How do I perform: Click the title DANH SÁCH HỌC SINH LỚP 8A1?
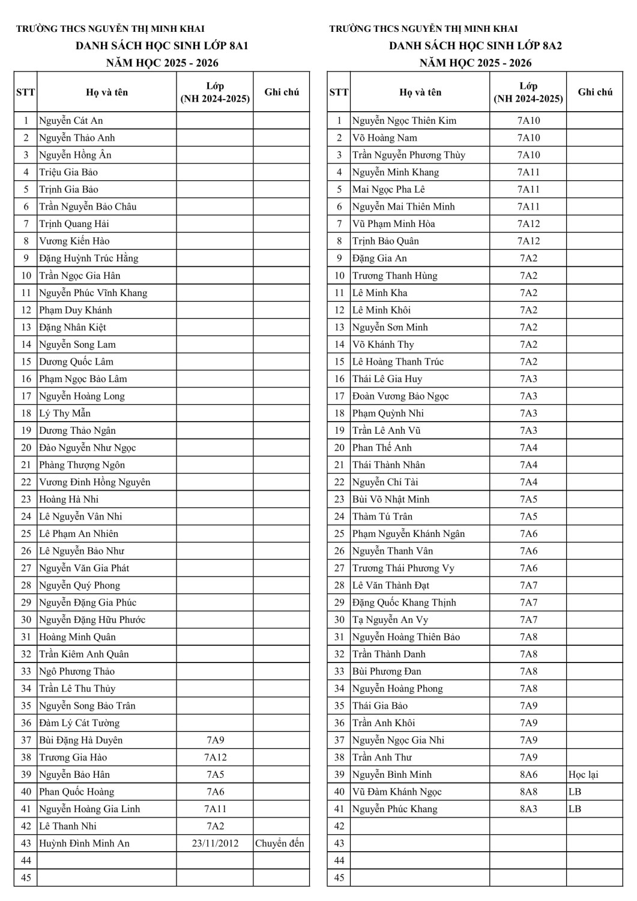pyautogui.click(x=162, y=46)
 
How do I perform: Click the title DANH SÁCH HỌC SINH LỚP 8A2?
pyautogui.click(x=475, y=46)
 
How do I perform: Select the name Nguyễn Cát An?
pyautogui.click(x=71, y=121)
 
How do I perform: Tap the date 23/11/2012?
pyautogui.click(x=215, y=843)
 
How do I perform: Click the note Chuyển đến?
pyautogui.click(x=280, y=843)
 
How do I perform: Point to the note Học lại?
pyautogui.click(x=584, y=775)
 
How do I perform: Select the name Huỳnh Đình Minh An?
pyautogui.click(x=84, y=843)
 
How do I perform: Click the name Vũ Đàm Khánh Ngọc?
pyautogui.click(x=397, y=792)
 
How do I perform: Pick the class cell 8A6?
pyautogui.click(x=528, y=775)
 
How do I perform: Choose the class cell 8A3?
pyautogui.click(x=528, y=809)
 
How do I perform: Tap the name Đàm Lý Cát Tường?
pyautogui.click(x=79, y=723)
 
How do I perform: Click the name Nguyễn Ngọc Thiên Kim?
pyautogui.click(x=404, y=121)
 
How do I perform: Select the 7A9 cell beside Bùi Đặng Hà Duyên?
pyautogui.click(x=215, y=740)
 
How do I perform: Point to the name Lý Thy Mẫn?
pyautogui.click(x=65, y=413)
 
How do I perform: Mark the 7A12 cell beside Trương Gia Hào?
pyautogui.click(x=215, y=757)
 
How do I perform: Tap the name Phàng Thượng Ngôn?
pyautogui.click(x=82, y=465)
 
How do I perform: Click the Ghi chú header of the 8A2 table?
pyautogui.click(x=595, y=92)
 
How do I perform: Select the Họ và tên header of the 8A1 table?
pyautogui.click(x=107, y=92)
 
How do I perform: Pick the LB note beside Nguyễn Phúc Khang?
pyautogui.click(x=575, y=809)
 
